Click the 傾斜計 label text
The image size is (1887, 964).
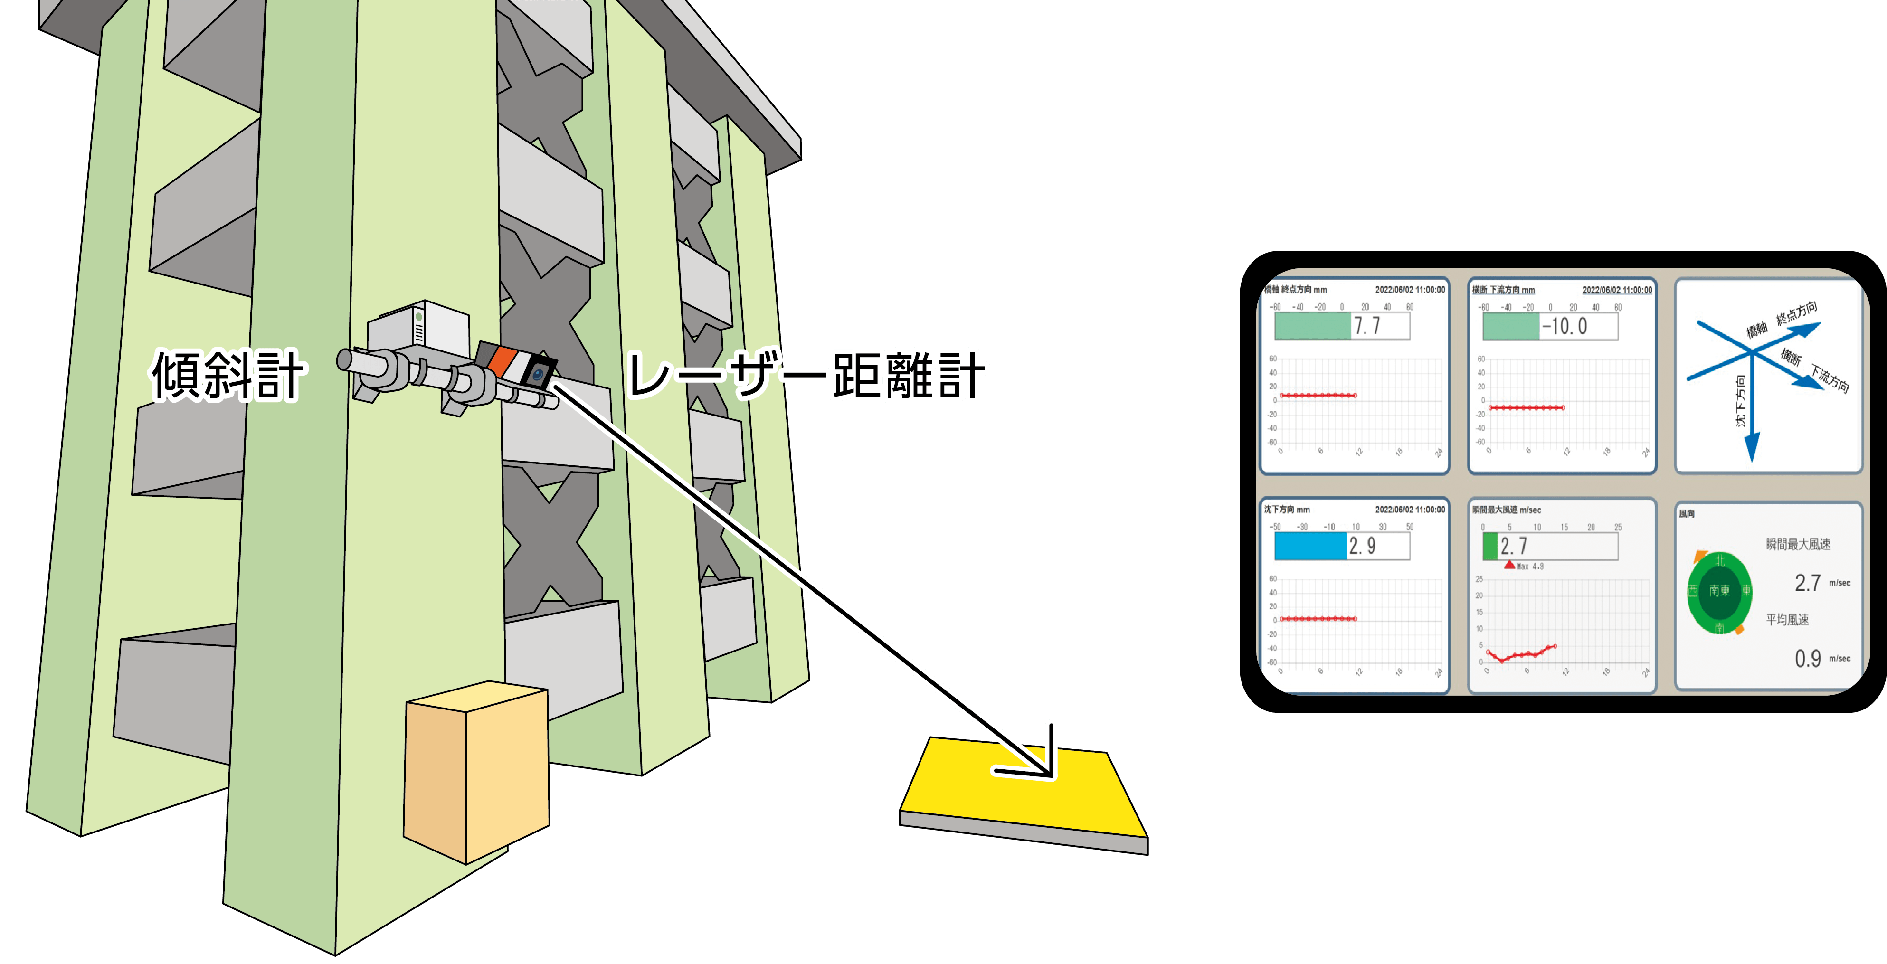[227, 375]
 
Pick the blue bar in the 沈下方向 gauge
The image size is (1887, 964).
[1310, 546]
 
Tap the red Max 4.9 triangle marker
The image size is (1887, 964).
[1509, 564]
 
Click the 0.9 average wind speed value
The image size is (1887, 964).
[1808, 659]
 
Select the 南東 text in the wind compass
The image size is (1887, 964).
[1719, 590]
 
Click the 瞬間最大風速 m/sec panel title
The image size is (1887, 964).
[1507, 510]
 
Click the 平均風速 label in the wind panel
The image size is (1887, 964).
[1787, 620]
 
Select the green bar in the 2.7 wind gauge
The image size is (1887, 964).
[1490, 546]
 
